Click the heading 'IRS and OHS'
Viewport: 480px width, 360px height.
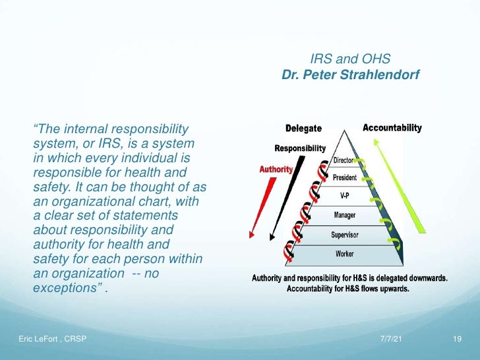pyautogui.click(x=349, y=59)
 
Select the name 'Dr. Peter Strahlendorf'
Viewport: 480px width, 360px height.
pyautogui.click(x=349, y=76)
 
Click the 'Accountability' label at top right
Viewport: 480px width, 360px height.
pyautogui.click(x=392, y=128)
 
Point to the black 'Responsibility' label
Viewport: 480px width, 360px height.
pyautogui.click(x=300, y=148)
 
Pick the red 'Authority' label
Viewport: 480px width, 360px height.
pyautogui.click(x=276, y=169)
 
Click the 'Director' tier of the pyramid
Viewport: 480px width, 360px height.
pyautogui.click(x=344, y=160)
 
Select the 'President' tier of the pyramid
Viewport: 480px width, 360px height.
pyautogui.click(x=345, y=178)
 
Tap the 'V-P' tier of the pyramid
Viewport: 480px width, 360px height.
pyautogui.click(x=345, y=196)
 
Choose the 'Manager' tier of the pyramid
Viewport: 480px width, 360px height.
pyautogui.click(x=345, y=216)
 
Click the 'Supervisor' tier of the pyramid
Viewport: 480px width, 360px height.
pyautogui.click(x=345, y=234)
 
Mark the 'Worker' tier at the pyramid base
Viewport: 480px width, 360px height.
pyautogui.click(x=345, y=253)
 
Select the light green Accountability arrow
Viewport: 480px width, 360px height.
pyautogui.click(x=402, y=185)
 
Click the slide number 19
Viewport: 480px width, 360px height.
pyautogui.click(x=456, y=339)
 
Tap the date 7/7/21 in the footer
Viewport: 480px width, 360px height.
pyautogui.click(x=391, y=339)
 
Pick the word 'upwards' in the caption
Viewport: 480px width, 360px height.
pyautogui.click(x=392, y=289)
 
